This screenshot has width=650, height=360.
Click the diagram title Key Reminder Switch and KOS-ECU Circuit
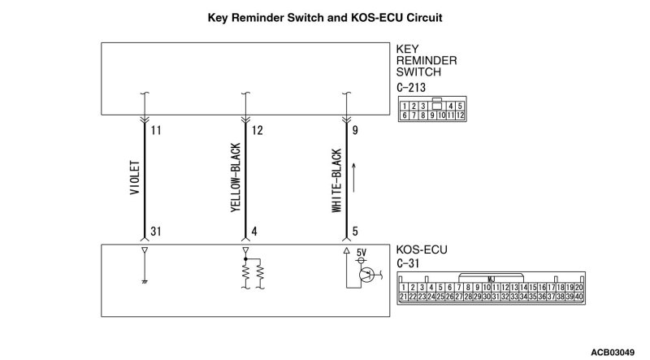click(x=324, y=16)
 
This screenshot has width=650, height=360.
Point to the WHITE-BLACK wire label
click(x=336, y=181)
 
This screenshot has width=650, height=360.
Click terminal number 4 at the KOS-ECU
click(x=254, y=232)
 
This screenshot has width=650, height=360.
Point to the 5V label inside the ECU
click(x=362, y=252)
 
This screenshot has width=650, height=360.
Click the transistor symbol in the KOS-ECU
click(x=367, y=275)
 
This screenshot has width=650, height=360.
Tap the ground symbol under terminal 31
click(x=145, y=282)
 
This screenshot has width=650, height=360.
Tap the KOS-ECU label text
click(x=422, y=249)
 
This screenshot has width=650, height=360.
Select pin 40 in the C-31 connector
click(x=578, y=297)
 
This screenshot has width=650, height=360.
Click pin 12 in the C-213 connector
click(x=460, y=115)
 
